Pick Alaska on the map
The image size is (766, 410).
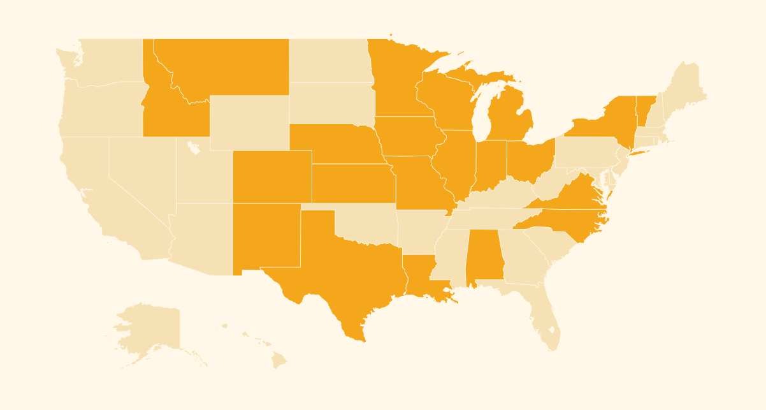pos(150,328)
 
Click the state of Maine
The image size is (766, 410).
pos(685,89)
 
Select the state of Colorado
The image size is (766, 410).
pos(272,177)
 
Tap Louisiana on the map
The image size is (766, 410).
pos(421,274)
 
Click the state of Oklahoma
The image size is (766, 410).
pos(370,223)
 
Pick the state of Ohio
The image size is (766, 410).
pos(529,159)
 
